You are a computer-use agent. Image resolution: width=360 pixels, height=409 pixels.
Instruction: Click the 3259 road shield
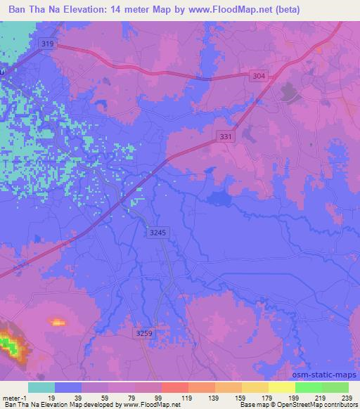tap(143, 334)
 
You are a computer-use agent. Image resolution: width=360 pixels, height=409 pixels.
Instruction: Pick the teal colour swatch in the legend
tap(41, 387)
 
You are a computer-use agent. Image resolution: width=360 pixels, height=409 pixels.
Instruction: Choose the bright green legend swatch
tap(309, 387)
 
